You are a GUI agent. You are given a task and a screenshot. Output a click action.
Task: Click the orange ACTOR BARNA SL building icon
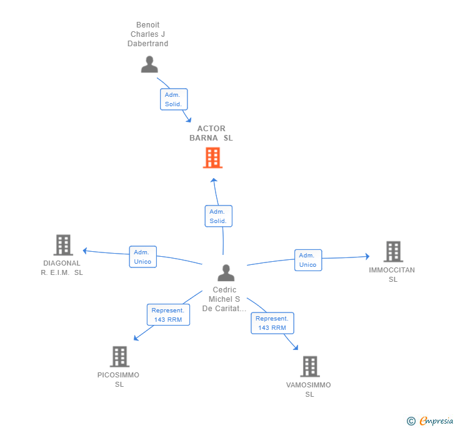(212, 157)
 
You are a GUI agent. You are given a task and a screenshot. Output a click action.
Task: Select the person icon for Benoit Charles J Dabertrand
(149, 64)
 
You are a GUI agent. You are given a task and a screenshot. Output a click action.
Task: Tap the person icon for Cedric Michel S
(226, 273)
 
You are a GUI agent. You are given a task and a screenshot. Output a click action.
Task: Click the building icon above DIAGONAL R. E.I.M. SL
(63, 245)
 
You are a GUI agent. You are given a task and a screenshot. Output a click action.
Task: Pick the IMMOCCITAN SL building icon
(393, 252)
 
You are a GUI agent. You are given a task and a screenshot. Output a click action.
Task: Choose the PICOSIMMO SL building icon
(119, 357)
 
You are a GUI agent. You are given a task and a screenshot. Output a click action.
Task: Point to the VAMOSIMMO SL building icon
(310, 367)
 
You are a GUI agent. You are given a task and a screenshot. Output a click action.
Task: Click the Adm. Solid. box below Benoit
(174, 99)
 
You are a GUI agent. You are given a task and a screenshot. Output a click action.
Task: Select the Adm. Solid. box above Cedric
(219, 216)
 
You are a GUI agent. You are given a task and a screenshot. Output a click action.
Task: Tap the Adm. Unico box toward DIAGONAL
(142, 257)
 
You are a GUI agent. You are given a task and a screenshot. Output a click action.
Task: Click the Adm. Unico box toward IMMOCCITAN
(308, 260)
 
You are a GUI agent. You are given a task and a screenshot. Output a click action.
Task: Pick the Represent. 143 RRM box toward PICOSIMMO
(168, 314)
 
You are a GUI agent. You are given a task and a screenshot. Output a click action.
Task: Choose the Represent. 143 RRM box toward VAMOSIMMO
(272, 323)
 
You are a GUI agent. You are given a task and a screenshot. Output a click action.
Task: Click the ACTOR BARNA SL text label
(211, 133)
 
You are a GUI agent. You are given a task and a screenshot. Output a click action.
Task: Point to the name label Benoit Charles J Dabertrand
(147, 34)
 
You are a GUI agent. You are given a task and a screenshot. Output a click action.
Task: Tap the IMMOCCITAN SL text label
(392, 274)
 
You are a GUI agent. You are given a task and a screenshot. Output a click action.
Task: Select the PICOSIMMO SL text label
(118, 379)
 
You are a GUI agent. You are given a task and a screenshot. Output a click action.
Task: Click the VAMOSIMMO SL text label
(309, 389)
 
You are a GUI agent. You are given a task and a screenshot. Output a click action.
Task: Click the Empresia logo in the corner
(430, 421)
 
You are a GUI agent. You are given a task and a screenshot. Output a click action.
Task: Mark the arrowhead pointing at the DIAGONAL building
(85, 251)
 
